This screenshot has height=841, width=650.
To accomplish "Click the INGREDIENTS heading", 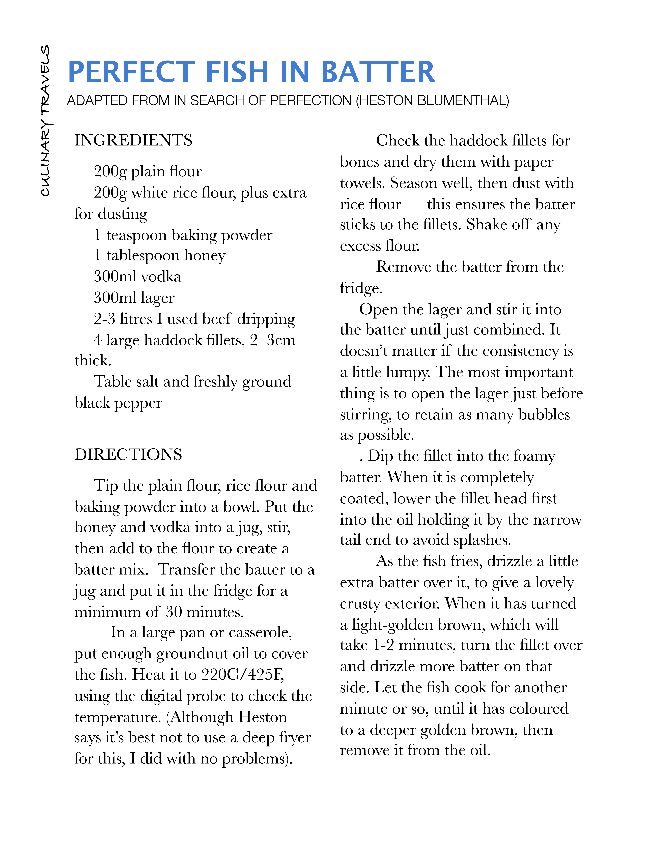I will [133, 140].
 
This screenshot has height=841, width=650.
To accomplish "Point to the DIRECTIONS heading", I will [128, 455].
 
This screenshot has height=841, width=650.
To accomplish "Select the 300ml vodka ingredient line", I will [137, 277].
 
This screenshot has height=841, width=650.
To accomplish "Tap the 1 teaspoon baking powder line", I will [183, 235].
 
